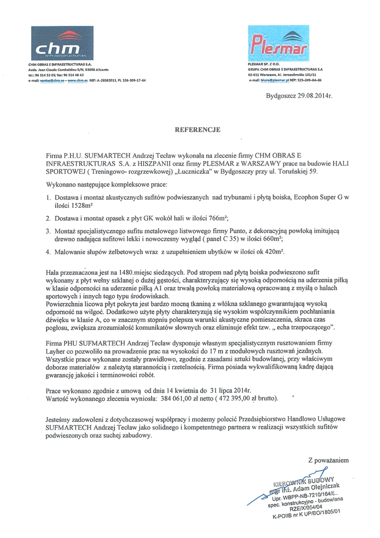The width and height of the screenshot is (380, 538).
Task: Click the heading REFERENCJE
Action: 197,130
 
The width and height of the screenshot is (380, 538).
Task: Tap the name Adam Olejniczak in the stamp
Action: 316,488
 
